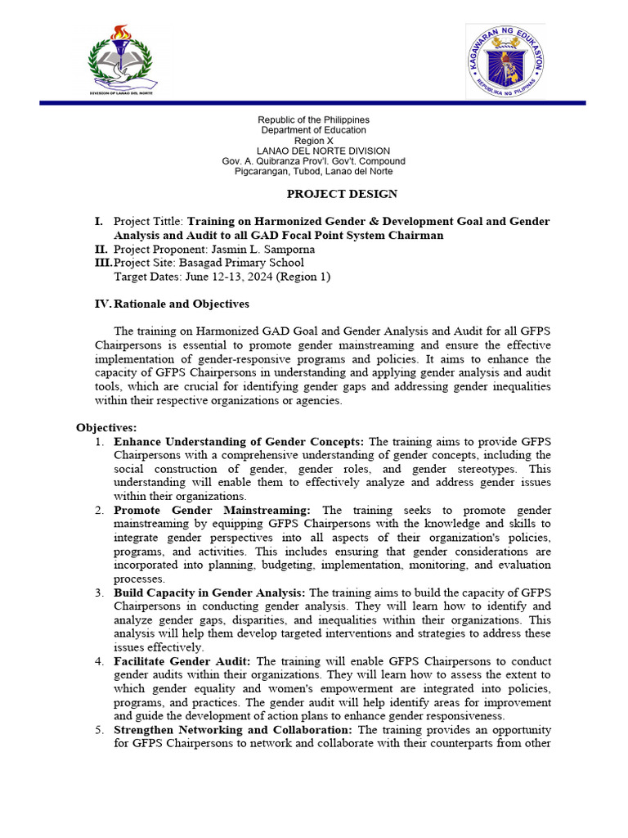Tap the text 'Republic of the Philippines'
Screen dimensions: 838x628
click(x=313, y=120)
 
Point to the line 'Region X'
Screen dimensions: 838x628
click(x=313, y=141)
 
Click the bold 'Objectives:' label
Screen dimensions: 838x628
click(x=106, y=428)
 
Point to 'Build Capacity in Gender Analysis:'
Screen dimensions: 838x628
click(x=209, y=592)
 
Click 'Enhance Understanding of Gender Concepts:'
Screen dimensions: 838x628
click(x=239, y=442)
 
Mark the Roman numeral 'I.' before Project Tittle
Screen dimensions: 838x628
click(x=99, y=222)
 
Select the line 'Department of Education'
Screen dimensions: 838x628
click(x=313, y=131)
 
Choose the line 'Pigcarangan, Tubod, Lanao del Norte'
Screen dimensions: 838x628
click(x=313, y=171)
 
